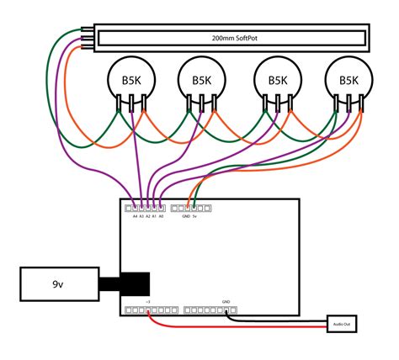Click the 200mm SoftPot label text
(230, 39)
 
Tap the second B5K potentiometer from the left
(201, 81)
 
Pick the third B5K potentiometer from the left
(277, 81)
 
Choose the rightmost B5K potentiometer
(348, 81)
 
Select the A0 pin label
(162, 216)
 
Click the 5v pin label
(195, 216)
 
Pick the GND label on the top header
(185, 216)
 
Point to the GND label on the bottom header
(226, 301)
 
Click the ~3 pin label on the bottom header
(148, 301)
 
